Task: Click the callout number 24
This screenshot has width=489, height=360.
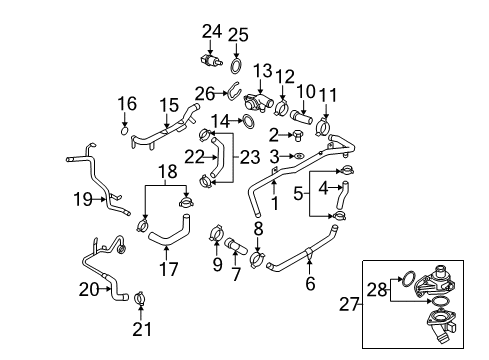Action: (x=212, y=32)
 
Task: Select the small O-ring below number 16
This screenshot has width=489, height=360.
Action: (x=124, y=131)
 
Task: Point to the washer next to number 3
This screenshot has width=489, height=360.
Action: (x=299, y=156)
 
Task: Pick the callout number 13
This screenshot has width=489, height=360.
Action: (x=263, y=71)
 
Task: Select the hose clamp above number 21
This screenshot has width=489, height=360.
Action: (x=140, y=298)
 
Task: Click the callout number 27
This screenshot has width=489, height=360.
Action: (x=349, y=304)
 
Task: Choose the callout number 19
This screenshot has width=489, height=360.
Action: (x=83, y=199)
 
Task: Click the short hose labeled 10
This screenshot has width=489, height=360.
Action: (x=302, y=117)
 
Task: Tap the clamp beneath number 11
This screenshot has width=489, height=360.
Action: (x=323, y=128)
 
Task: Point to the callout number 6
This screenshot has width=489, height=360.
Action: (x=310, y=283)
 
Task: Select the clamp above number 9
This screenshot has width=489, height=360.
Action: (x=217, y=232)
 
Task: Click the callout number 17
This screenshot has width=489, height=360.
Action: (x=169, y=269)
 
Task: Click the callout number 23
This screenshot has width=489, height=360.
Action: (x=250, y=157)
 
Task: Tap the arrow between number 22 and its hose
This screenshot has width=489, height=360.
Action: (x=210, y=156)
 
